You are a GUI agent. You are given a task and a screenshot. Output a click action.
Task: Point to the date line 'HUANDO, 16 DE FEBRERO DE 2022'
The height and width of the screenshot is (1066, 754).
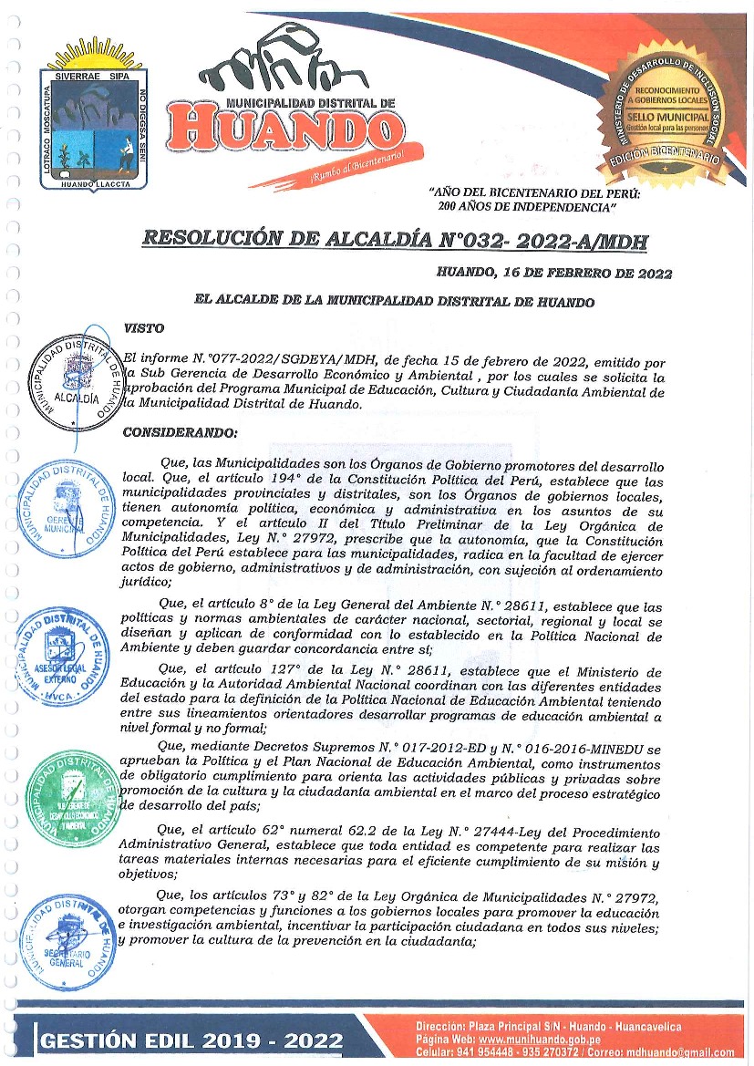[x=554, y=273]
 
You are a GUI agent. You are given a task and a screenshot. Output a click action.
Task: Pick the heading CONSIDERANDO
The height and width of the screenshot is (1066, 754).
[x=180, y=432]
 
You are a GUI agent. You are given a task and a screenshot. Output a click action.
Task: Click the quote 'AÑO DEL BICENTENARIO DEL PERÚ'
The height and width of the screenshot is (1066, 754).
[x=534, y=194]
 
